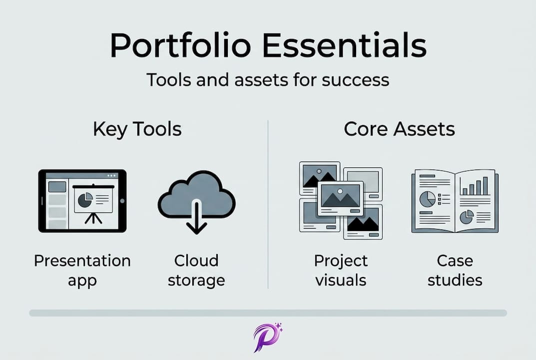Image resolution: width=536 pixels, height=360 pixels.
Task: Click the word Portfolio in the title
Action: click(181, 45)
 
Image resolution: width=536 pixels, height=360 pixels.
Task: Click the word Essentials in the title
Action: click(345, 45)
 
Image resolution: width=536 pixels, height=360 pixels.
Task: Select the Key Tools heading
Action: click(137, 129)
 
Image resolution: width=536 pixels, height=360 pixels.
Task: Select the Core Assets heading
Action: click(399, 129)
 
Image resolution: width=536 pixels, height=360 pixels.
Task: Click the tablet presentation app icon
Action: click(82, 201)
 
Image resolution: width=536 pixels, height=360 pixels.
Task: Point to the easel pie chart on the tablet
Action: click(85, 200)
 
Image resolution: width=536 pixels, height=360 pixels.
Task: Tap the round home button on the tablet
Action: click(122, 201)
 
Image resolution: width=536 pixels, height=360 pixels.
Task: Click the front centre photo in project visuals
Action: click(340, 198)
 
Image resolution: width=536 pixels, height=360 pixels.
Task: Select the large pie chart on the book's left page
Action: click(427, 199)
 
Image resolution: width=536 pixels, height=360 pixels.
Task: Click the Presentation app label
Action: click(82, 270)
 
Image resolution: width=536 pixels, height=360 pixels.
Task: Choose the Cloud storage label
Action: click(196, 270)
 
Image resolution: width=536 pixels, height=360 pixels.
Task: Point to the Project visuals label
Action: click(341, 270)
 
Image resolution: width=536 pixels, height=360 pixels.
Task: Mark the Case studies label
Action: click(455, 270)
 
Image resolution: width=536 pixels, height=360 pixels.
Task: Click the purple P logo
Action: click(268, 337)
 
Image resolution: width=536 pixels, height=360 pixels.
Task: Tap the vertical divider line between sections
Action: click(268, 204)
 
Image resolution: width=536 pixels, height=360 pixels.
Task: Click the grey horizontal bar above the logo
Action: click(268, 313)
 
